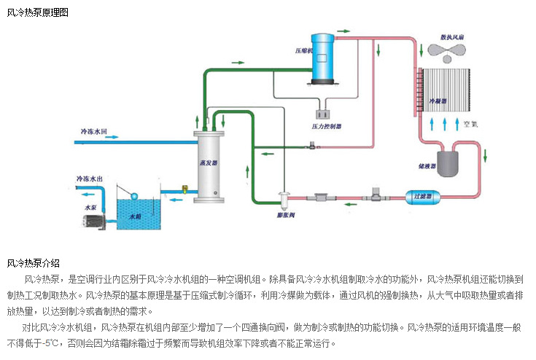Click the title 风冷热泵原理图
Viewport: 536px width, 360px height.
[x=38, y=12]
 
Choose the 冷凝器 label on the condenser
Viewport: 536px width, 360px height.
[x=438, y=96]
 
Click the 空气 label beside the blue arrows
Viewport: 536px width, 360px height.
[x=472, y=124]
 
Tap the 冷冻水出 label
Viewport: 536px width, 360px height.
[x=90, y=179]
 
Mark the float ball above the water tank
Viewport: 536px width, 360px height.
[x=133, y=195]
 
